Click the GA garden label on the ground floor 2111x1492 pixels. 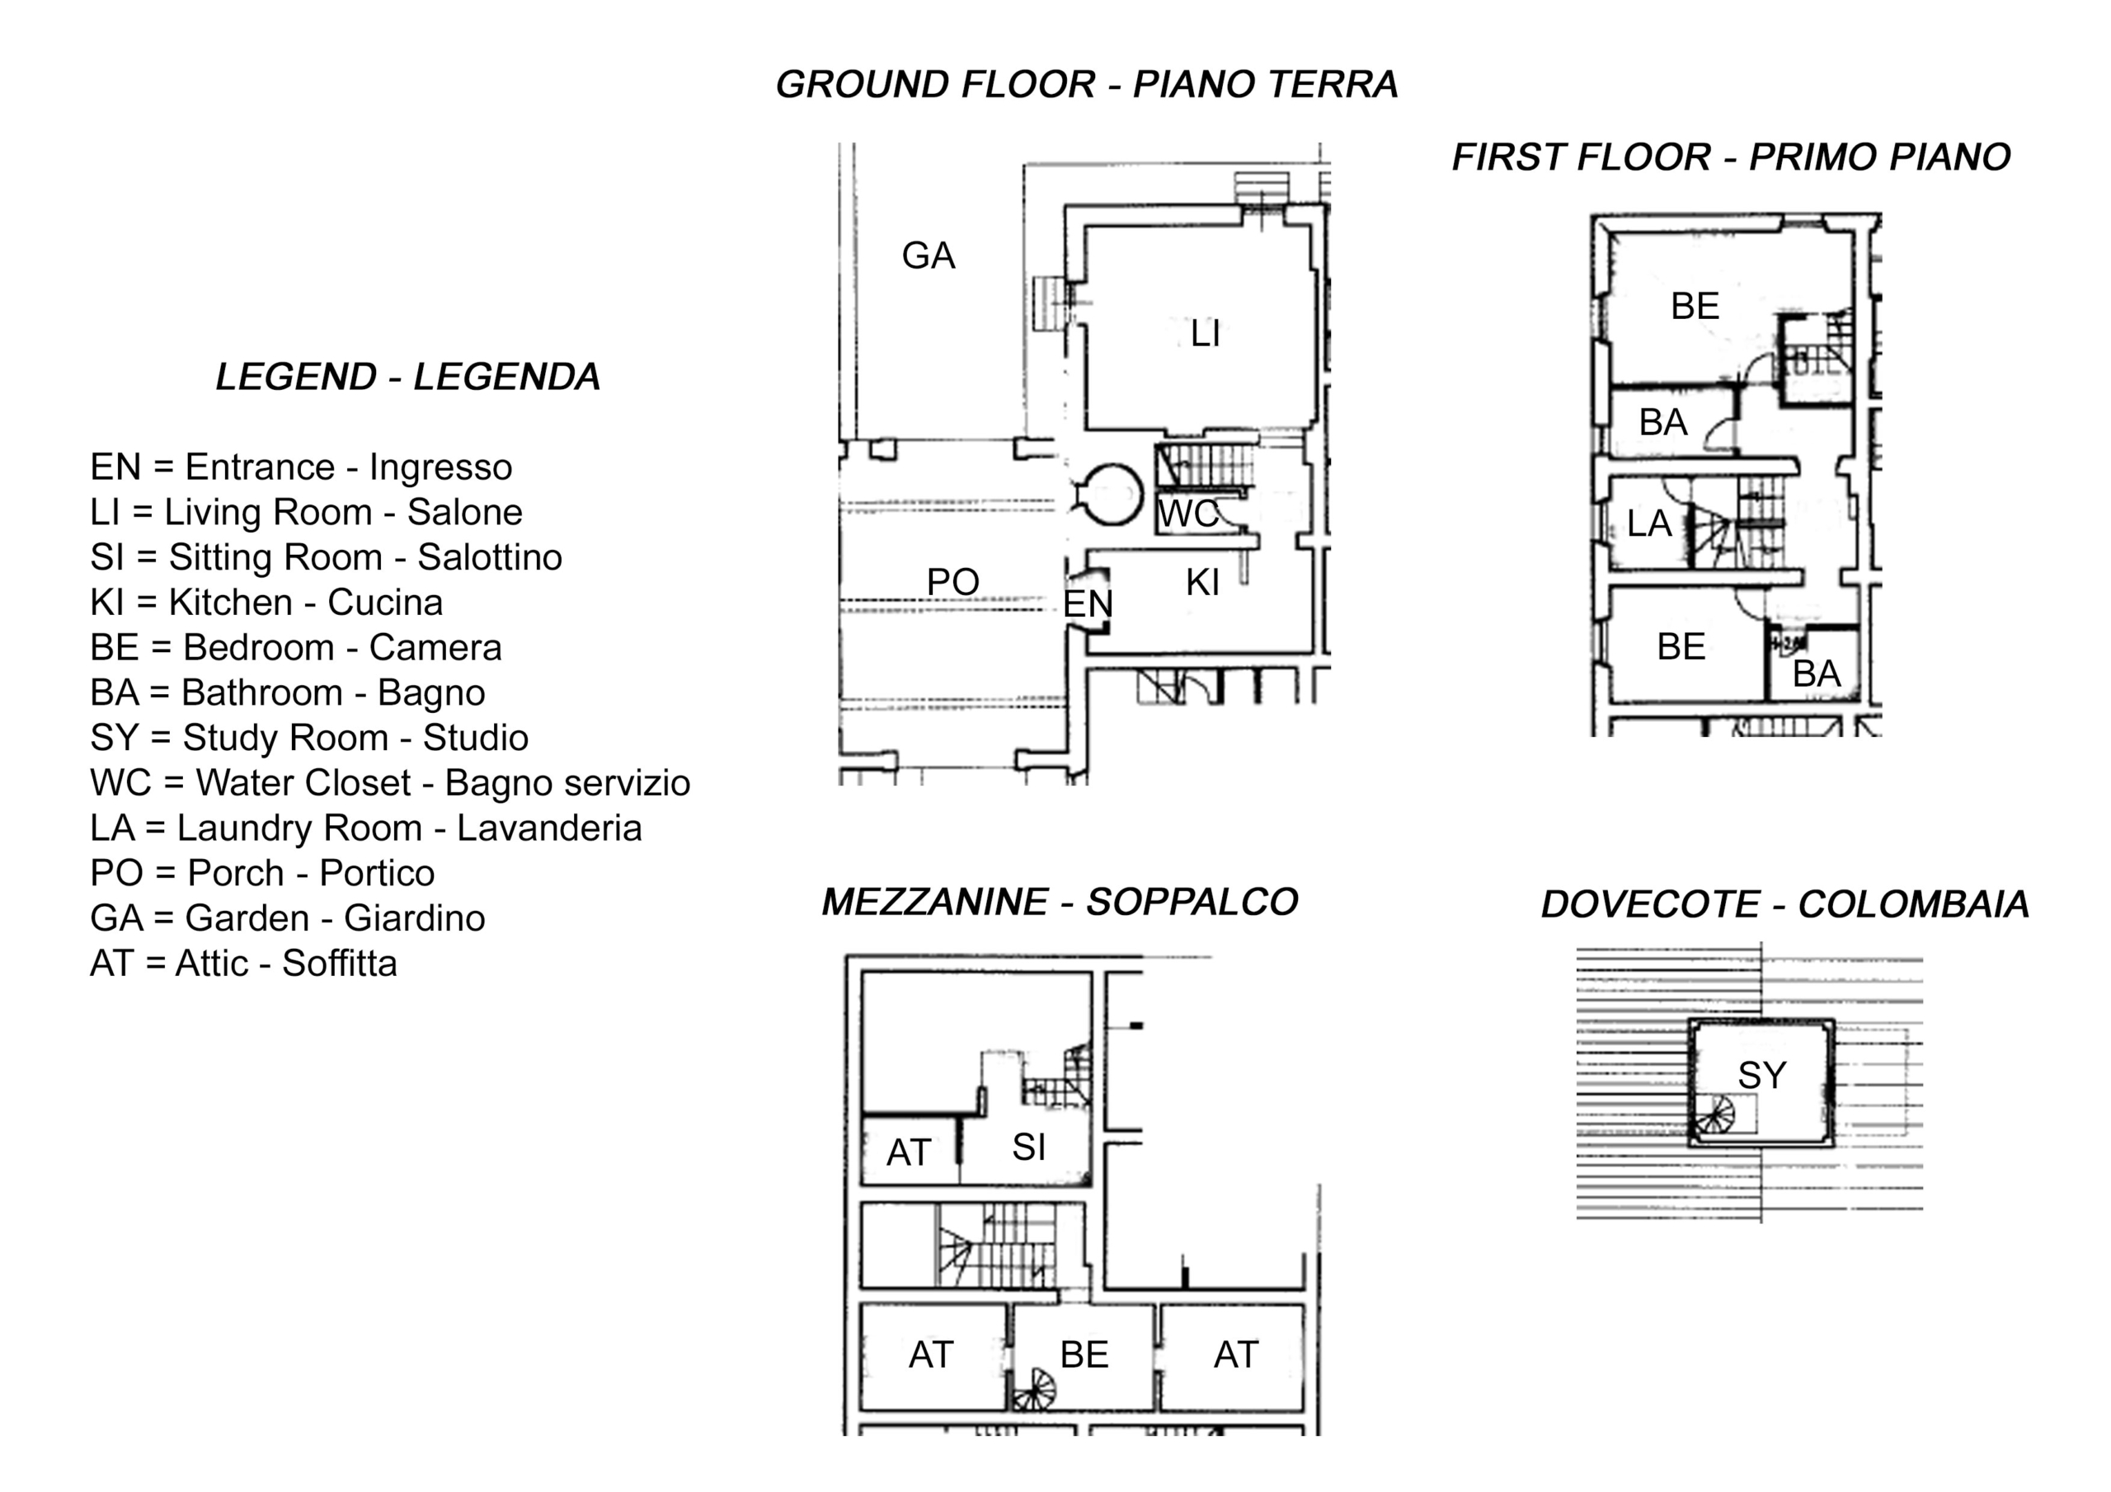pos(929,256)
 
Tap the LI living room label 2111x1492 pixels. pos(1206,334)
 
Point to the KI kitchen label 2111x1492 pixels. pos(1202,583)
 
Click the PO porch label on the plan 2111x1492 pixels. pos(952,582)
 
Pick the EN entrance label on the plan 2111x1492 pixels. pos(1088,604)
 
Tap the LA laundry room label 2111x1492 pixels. pos(1648,524)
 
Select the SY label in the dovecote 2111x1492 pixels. pos(1761,1075)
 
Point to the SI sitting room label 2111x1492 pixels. pos(1029,1147)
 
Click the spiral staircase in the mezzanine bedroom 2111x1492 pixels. pos(1033,1389)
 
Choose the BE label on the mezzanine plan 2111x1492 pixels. pos(1084,1354)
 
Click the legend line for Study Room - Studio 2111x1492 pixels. pos(309,737)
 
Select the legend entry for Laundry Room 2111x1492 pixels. pos(366,828)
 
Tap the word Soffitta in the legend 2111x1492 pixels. pos(339,963)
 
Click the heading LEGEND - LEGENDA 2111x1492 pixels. pos(408,377)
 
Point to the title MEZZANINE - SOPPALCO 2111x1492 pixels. pos(1059,902)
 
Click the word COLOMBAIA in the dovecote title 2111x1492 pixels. pos(1913,904)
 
